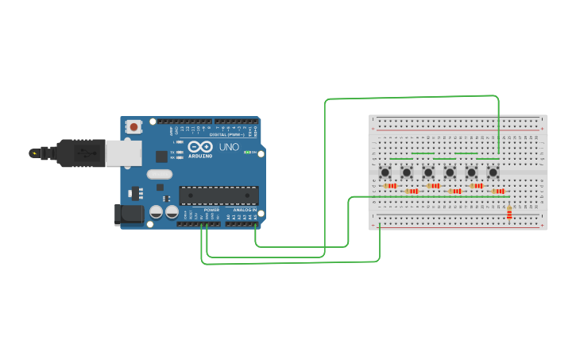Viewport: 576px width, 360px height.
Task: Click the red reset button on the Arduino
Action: [x=133, y=126]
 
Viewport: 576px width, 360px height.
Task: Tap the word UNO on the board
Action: [x=229, y=147]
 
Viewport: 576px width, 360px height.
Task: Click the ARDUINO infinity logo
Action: [x=199, y=147]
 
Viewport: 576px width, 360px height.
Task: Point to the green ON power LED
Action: [x=247, y=152]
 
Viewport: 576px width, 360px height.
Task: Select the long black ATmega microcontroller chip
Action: [x=218, y=195]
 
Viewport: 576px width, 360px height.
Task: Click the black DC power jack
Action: [x=129, y=213]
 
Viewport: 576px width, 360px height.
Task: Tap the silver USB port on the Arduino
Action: [x=123, y=153]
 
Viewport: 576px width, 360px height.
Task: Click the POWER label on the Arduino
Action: [x=211, y=210]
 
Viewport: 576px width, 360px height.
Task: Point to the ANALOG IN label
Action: [x=244, y=210]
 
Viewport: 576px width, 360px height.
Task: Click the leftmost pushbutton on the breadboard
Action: [x=385, y=172]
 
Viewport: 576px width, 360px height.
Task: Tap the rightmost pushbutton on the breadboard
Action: [x=493, y=172]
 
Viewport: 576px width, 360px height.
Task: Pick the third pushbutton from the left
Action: [x=428, y=172]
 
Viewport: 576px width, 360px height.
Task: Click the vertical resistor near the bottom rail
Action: [x=509, y=212]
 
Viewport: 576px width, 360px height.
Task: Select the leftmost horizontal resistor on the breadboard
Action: [x=390, y=186]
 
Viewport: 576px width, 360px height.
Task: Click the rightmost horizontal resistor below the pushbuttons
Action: [x=498, y=191]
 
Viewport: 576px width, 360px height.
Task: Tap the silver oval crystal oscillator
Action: [x=160, y=174]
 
